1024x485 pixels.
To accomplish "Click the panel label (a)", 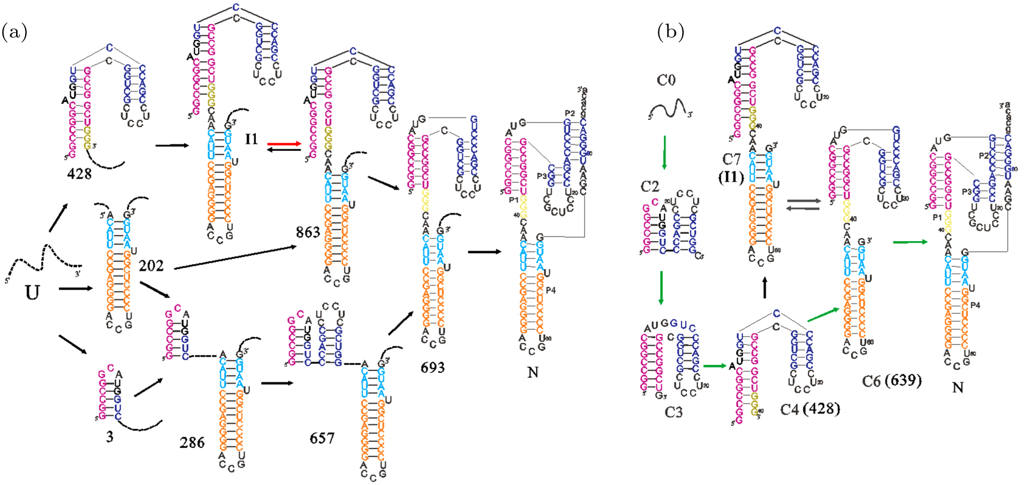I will (14, 32).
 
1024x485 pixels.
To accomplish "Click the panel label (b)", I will (670, 32).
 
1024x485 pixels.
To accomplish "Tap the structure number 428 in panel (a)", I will (79, 174).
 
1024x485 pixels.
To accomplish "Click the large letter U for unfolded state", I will (32, 292).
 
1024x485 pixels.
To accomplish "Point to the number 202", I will (151, 265).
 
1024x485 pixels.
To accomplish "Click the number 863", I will (308, 232).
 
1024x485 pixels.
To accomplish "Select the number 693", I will (432, 367).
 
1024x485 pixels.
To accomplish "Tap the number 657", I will (321, 438).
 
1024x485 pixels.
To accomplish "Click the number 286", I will (192, 443).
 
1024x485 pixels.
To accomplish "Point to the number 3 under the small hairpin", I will (109, 437).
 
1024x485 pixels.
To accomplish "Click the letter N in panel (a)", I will (533, 372).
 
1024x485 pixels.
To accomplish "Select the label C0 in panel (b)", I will (666, 80).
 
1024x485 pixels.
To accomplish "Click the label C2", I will (650, 186).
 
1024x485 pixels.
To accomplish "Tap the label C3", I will (673, 412).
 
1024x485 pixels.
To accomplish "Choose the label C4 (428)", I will (810, 409).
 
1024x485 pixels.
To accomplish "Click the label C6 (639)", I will (892, 380).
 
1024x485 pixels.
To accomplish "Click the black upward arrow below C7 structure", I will (765, 289).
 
